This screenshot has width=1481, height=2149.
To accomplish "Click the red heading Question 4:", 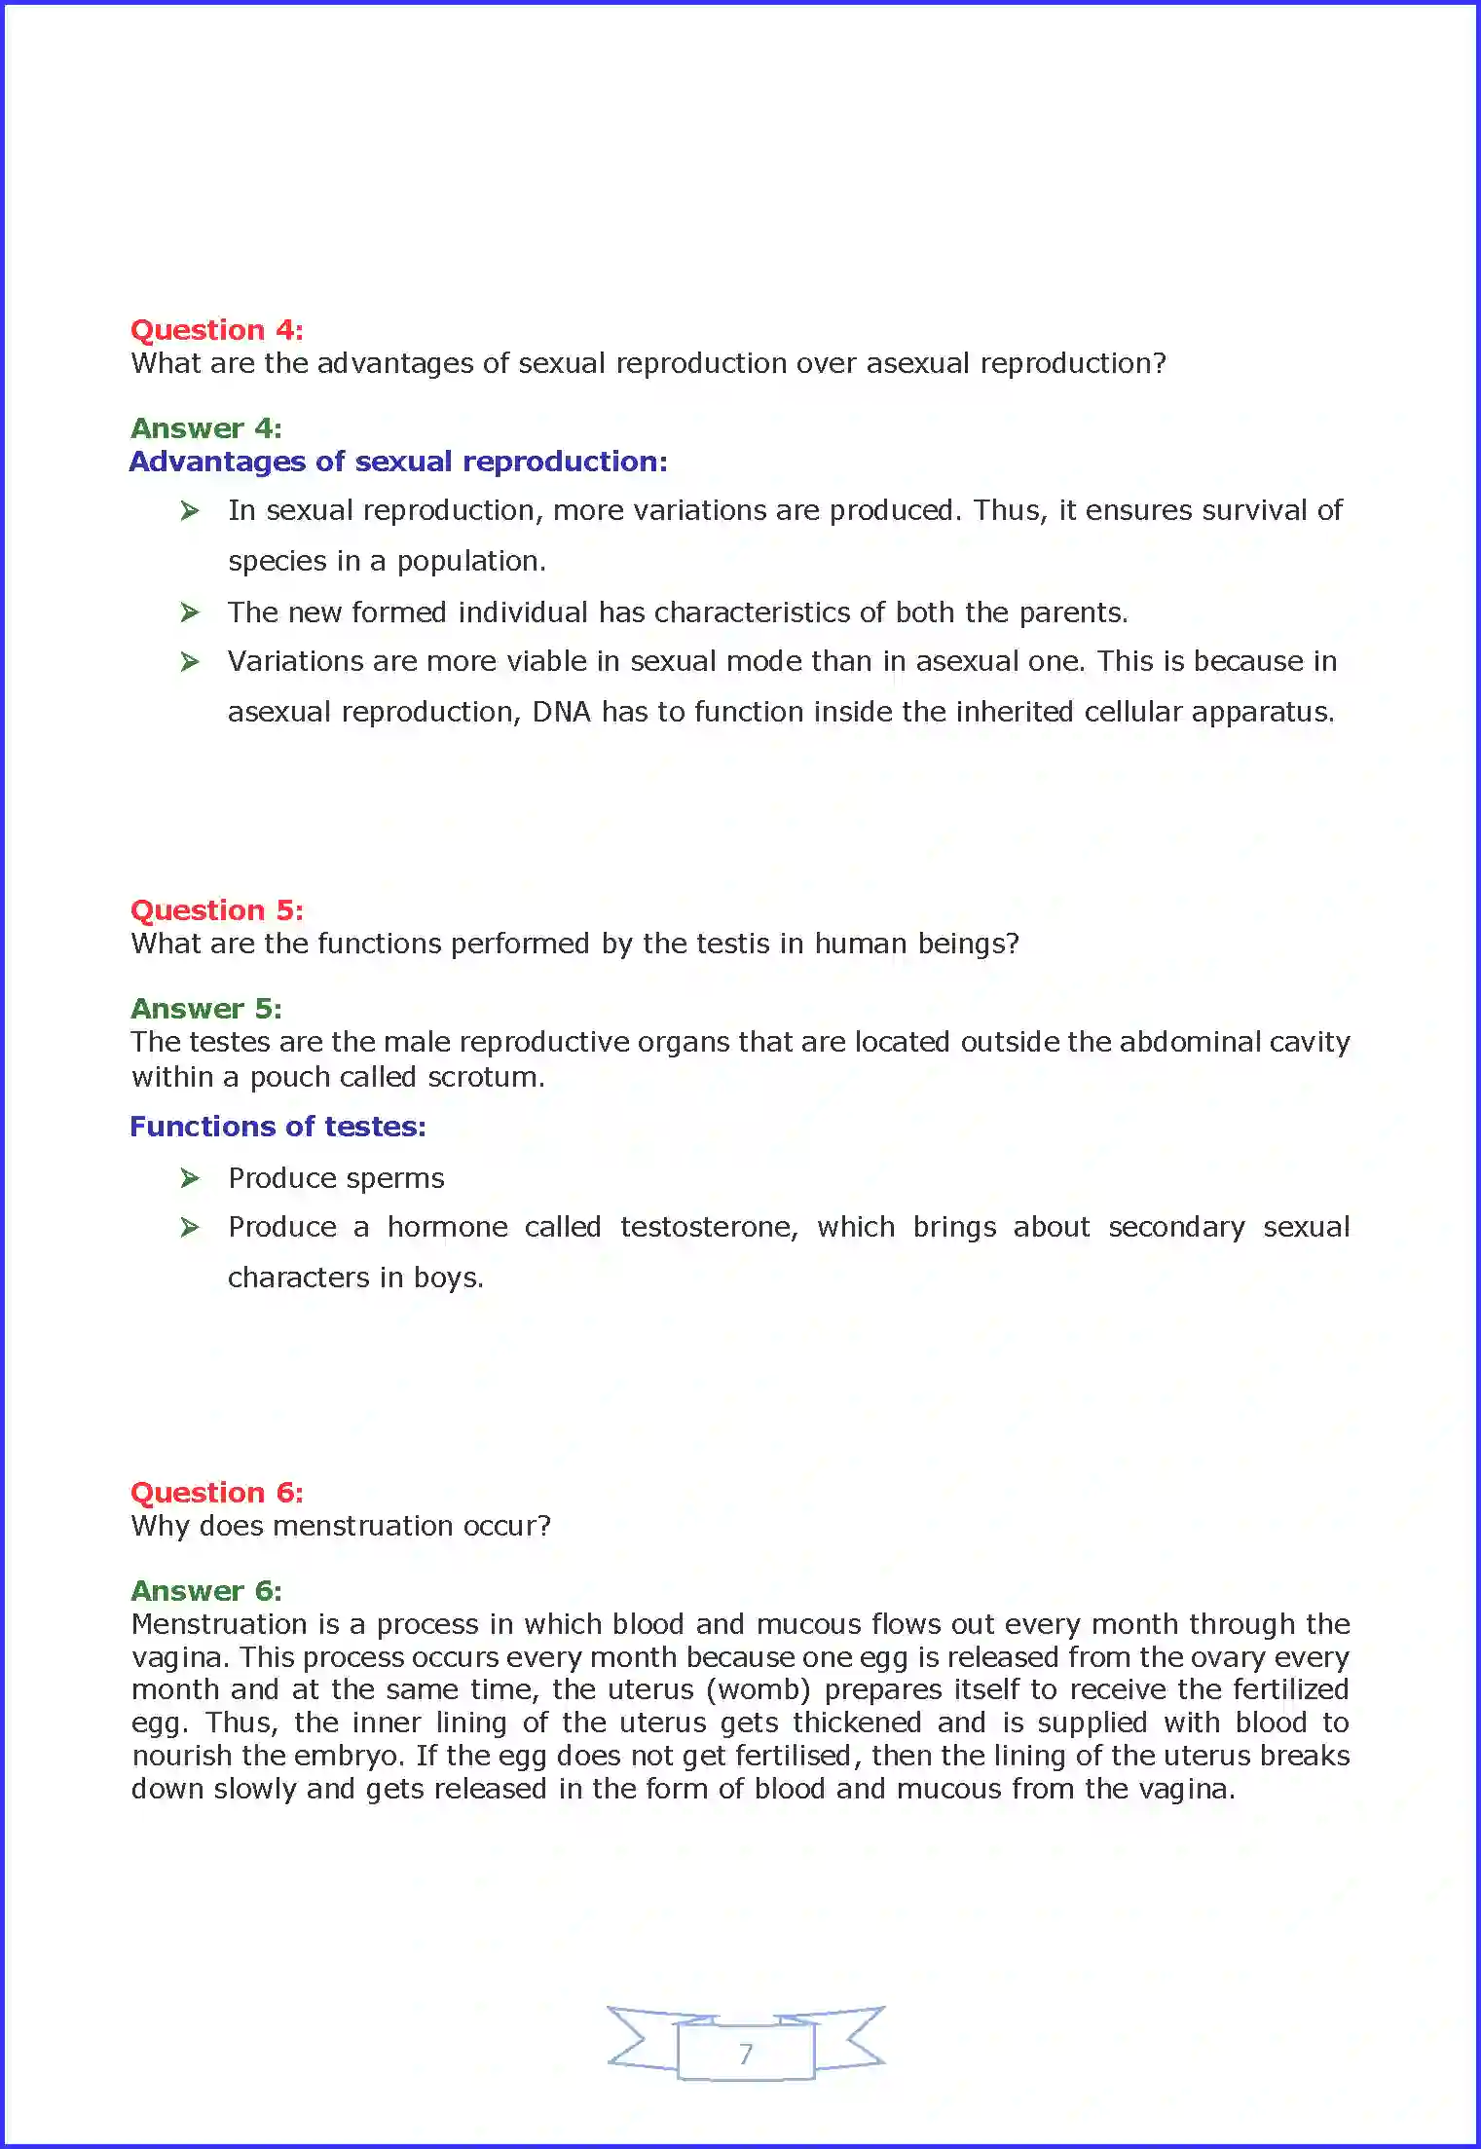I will pyautogui.click(x=216, y=330).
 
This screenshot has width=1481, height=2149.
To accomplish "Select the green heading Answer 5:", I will pyautogui.click(x=206, y=1009).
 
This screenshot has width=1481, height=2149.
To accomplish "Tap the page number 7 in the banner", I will pyautogui.click(x=746, y=2054).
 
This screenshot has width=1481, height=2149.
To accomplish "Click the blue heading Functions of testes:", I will pyautogui.click(x=278, y=1127).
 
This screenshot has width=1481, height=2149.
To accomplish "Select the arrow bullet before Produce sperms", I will pyautogui.click(x=190, y=1179).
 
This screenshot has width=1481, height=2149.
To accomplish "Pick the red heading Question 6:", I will pyautogui.click(x=216, y=1493).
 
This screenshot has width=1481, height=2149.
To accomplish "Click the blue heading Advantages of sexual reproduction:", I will pyautogui.click(x=398, y=462).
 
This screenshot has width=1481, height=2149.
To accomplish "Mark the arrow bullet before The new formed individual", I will pyautogui.click(x=190, y=612).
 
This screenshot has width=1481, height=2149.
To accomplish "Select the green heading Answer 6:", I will pyautogui.click(x=206, y=1591).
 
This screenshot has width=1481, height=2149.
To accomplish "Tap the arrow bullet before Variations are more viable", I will pyautogui.click(x=190, y=662).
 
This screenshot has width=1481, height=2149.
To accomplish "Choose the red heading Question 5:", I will pyautogui.click(x=216, y=910).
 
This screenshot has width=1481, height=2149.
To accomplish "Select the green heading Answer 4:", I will pyautogui.click(x=206, y=428).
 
